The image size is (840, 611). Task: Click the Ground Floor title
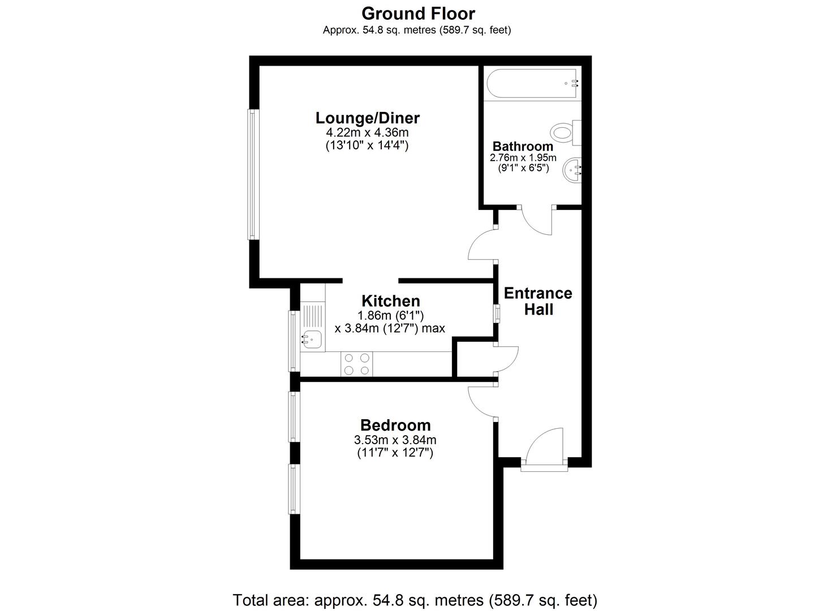(418, 14)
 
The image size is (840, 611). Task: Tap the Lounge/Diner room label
(368, 118)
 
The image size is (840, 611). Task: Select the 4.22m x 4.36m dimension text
(368, 132)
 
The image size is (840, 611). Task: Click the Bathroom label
(523, 147)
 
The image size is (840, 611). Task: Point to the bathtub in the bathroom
(532, 83)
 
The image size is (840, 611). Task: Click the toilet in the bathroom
(566, 133)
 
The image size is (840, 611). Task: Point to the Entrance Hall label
(538, 301)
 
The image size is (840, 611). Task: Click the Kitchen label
(390, 301)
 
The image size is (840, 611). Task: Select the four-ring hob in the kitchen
(356, 364)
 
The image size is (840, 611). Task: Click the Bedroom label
(395, 425)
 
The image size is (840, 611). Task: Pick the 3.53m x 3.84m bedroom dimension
(395, 440)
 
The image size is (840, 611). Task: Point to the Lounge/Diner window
(253, 174)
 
